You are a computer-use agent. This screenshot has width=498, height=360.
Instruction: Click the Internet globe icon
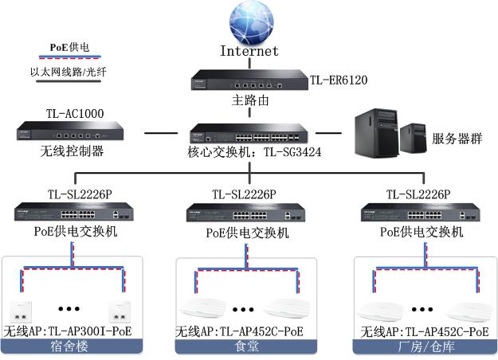[249, 23]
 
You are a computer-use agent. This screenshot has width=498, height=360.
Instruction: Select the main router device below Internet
[249, 79]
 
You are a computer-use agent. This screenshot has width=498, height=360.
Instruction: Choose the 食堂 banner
[245, 346]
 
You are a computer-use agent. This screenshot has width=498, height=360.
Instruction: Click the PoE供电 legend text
[69, 47]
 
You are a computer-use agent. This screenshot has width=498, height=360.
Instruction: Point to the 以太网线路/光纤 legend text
[69, 72]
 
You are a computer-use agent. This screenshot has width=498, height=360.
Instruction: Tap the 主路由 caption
[249, 100]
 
